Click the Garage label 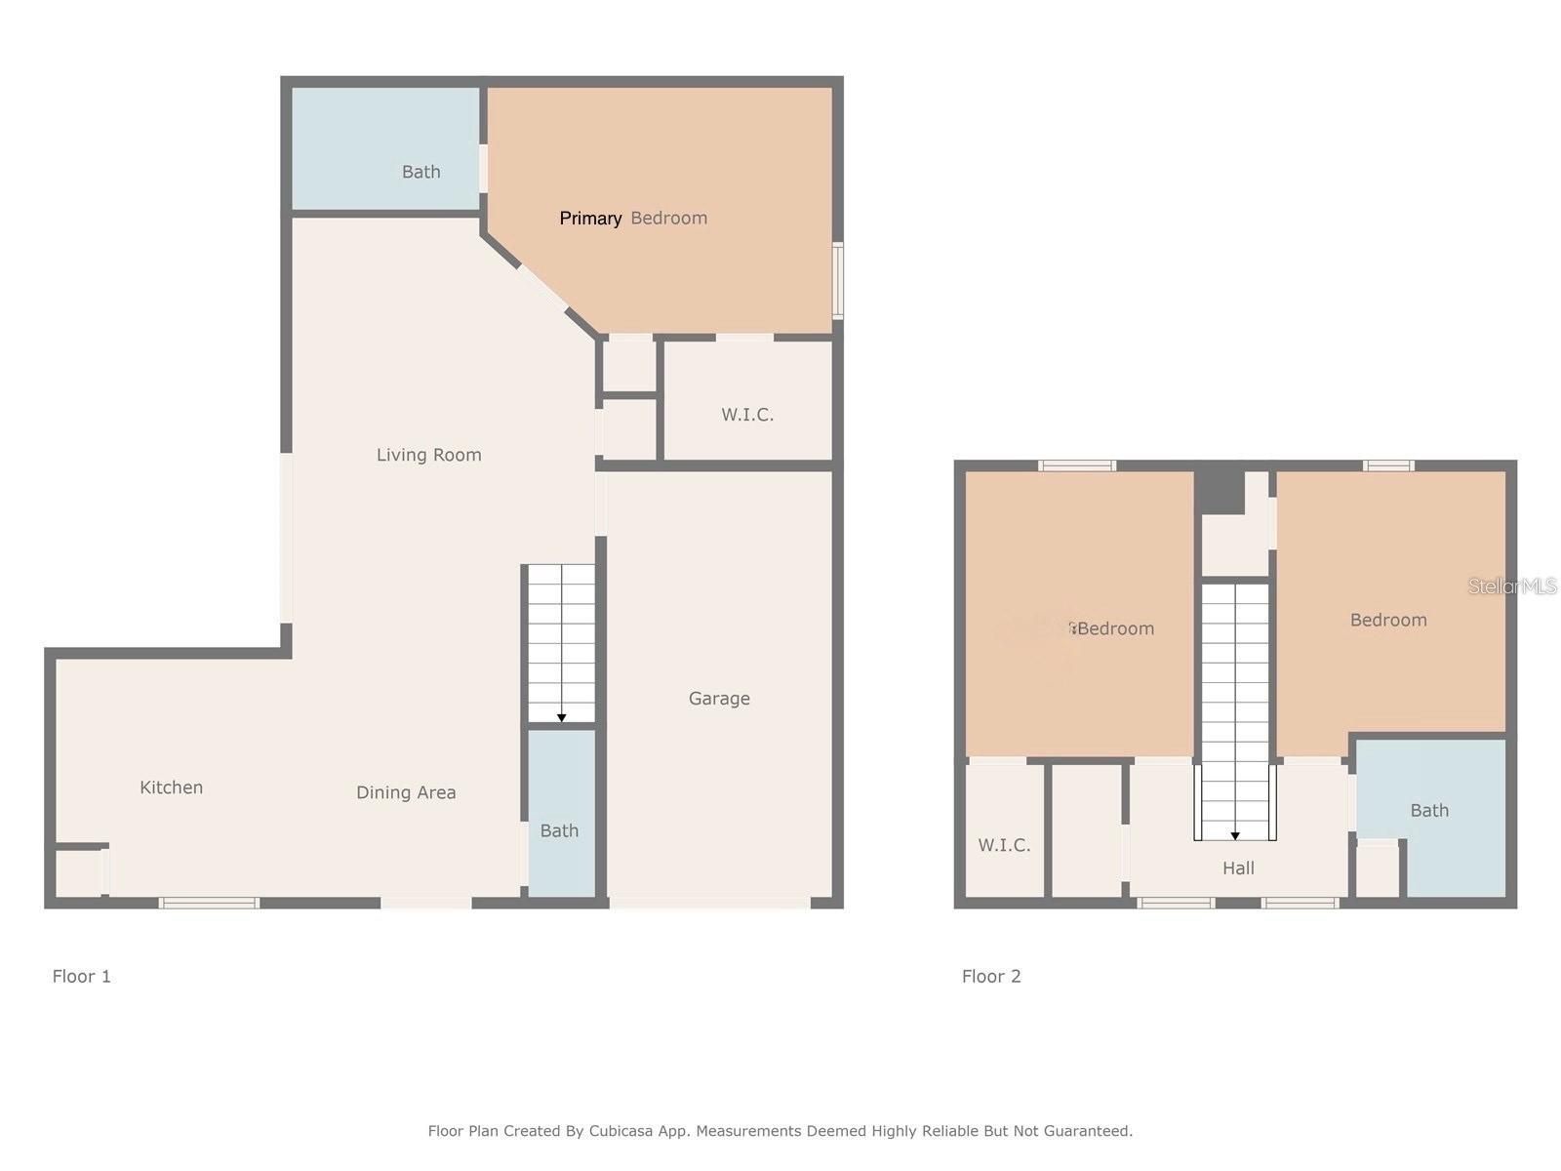[718, 699]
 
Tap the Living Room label [428, 455]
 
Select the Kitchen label [171, 787]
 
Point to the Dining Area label [405, 792]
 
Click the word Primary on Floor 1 [590, 219]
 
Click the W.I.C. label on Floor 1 [746, 415]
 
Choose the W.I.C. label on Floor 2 [1004, 845]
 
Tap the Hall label [1237, 868]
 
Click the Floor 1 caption [81, 976]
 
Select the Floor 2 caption [990, 976]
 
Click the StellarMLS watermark [1512, 585]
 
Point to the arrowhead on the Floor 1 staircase [561, 718]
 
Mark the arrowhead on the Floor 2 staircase [1234, 836]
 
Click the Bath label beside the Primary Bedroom [420, 172]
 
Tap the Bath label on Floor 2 [1428, 811]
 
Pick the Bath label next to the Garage [559, 830]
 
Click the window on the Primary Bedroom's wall [838, 280]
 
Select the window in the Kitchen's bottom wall [209, 903]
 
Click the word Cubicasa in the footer [620, 1130]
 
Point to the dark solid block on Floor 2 [1219, 491]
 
